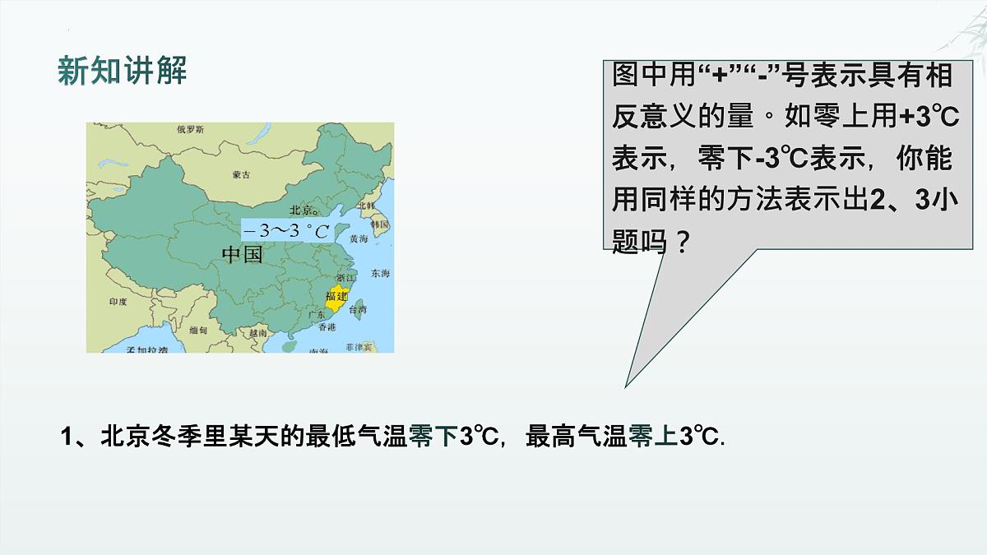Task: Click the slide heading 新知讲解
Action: (x=123, y=72)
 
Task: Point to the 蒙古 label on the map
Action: (x=241, y=174)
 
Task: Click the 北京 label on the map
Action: (x=301, y=210)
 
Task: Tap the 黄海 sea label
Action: (x=359, y=238)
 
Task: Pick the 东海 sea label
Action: (x=380, y=273)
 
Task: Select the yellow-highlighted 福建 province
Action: (x=336, y=297)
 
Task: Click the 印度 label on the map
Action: (x=118, y=302)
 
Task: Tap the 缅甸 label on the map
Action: (x=198, y=330)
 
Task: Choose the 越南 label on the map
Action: (x=258, y=334)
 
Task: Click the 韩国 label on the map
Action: (x=379, y=224)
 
